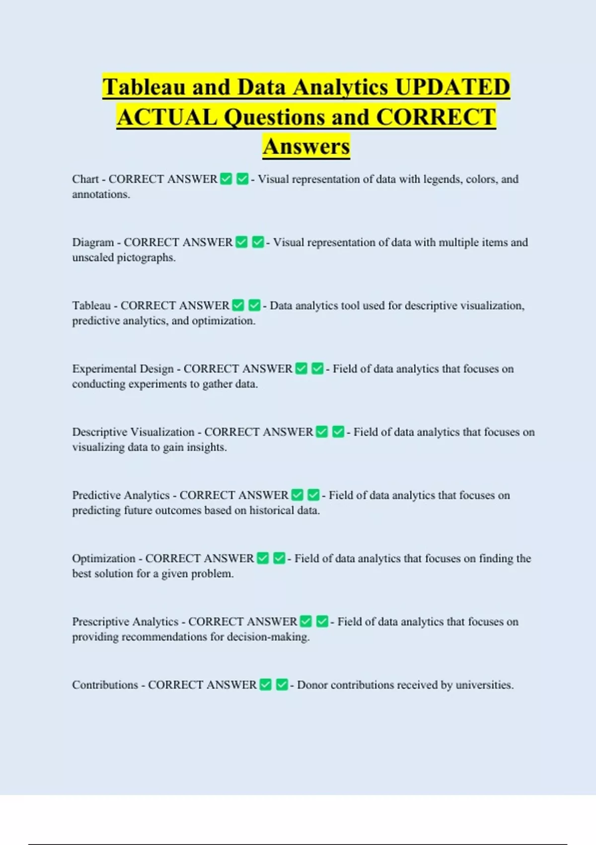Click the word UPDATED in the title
tap(452, 87)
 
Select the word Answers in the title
tap(306, 147)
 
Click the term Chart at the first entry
tap(85, 179)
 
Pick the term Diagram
tap(93, 242)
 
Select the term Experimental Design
tap(123, 369)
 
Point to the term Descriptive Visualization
tap(133, 432)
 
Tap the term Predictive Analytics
tap(121, 495)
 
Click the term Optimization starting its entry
tap(103, 558)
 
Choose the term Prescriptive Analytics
tap(125, 621)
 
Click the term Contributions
tap(105, 684)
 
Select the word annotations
tap(100, 194)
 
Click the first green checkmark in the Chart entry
tap(226, 179)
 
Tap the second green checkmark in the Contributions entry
tap(282, 684)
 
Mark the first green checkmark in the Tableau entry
tap(238, 305)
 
